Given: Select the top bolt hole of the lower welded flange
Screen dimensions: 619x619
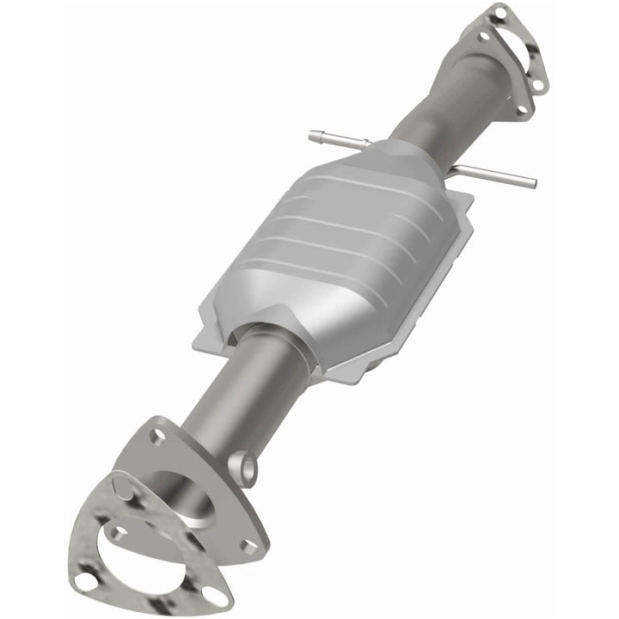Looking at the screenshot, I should [157, 436].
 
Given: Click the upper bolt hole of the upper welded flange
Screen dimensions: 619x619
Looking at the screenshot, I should [484, 37].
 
